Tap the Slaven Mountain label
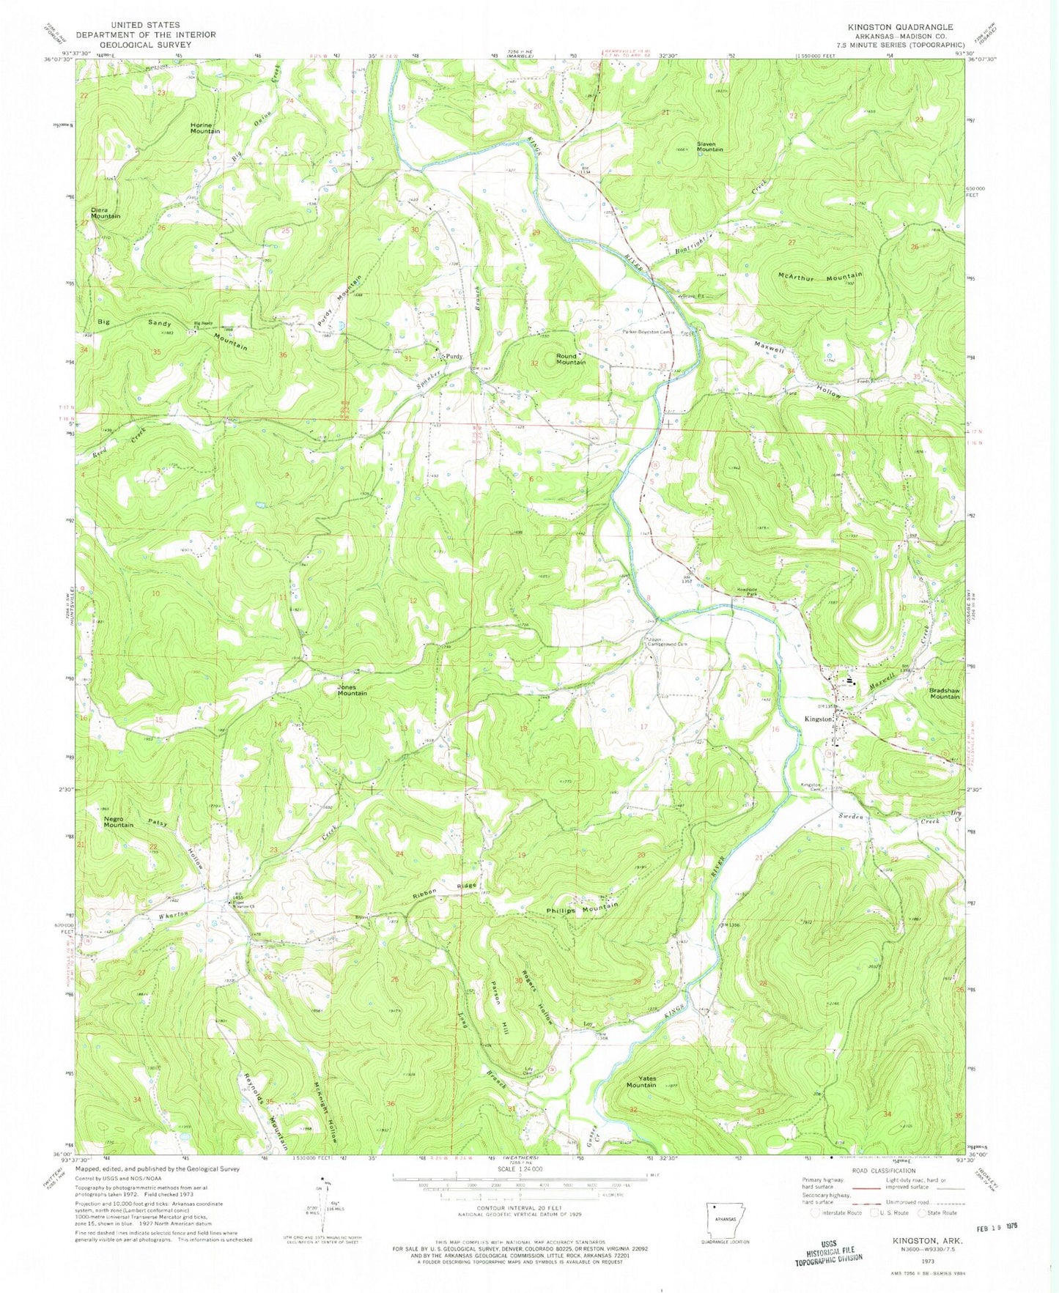point(709,146)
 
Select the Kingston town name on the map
point(819,719)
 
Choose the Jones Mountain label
point(352,689)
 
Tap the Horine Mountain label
point(204,127)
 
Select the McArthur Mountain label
point(820,277)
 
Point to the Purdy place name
point(454,357)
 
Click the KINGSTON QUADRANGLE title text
point(900,26)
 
